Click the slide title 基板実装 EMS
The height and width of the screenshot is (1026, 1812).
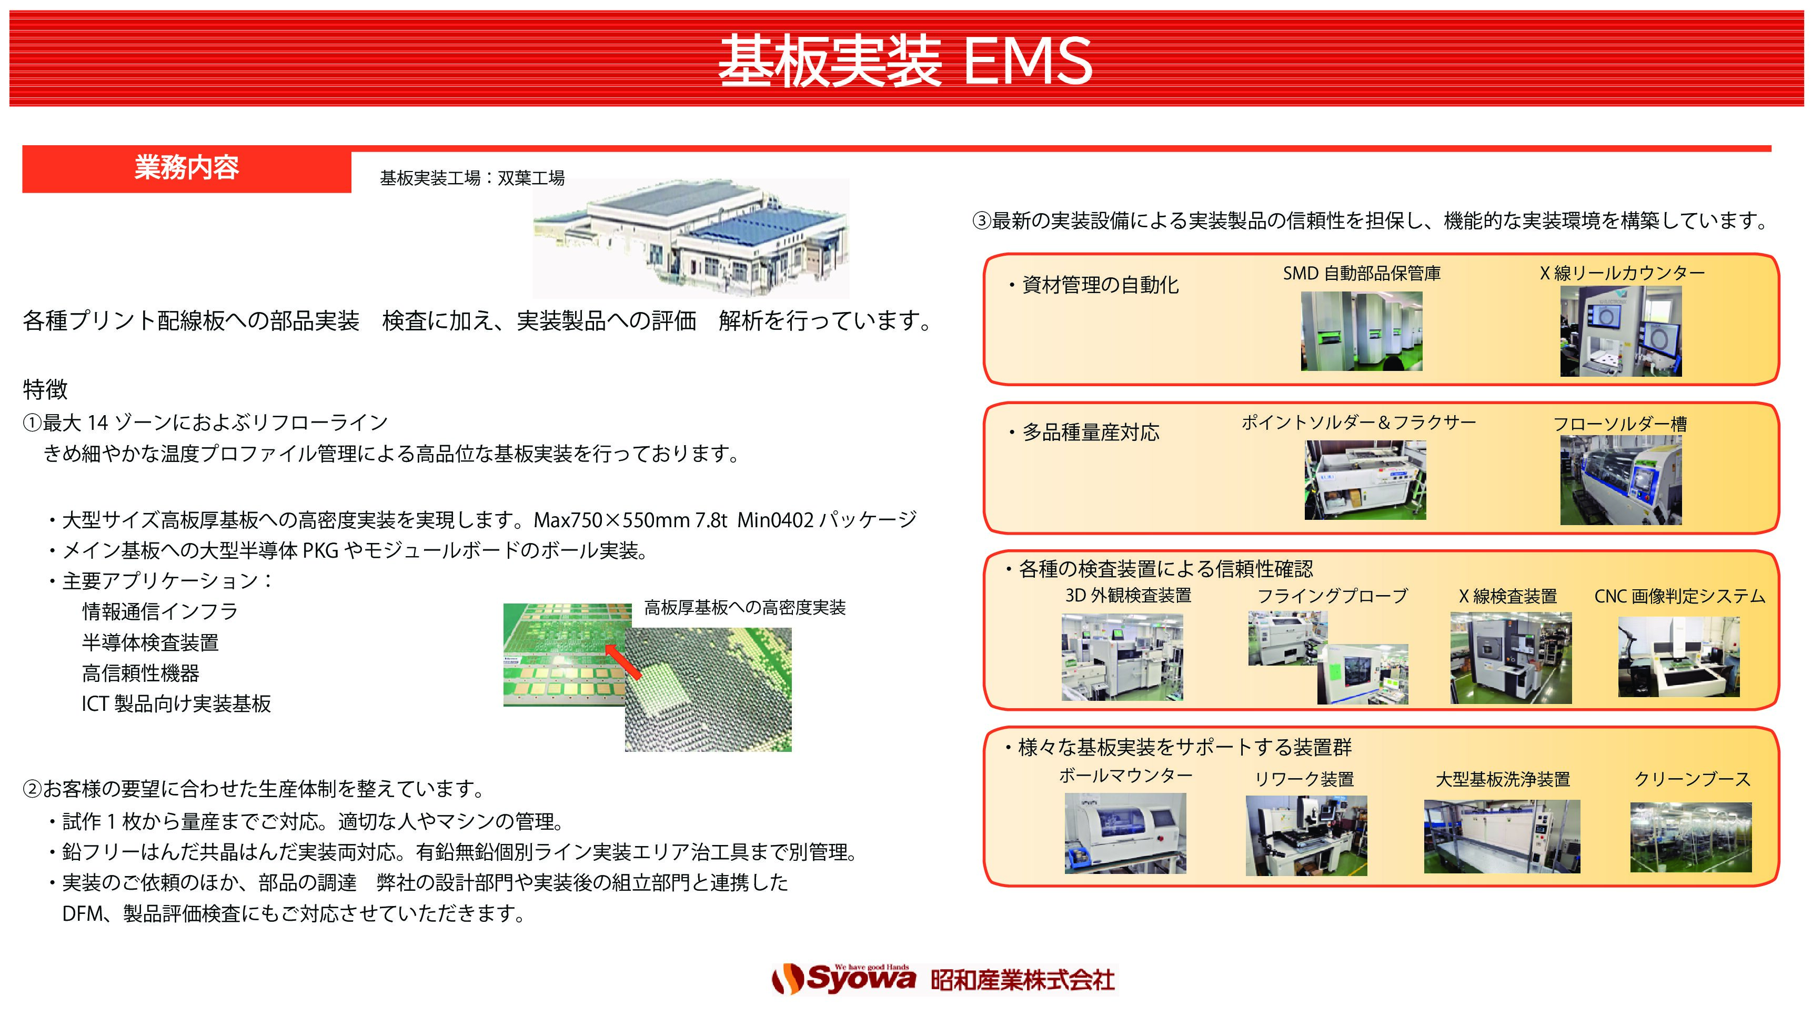(905, 62)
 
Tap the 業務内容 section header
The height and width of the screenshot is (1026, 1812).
(187, 168)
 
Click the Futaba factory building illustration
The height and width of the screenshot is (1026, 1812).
(690, 238)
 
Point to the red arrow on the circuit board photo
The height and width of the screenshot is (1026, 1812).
(623, 663)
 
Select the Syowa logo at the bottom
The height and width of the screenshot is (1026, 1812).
(844, 979)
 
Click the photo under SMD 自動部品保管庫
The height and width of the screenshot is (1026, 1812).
(1361, 331)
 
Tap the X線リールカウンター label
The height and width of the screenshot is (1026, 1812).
(1622, 274)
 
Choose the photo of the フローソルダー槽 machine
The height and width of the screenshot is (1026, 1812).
(1620, 480)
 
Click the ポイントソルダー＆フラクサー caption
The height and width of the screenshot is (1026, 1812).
(1358, 423)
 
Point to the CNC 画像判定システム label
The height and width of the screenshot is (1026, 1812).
(1679, 597)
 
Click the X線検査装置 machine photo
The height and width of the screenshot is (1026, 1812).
(1511, 658)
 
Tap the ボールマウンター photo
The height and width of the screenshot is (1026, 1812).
(1125, 833)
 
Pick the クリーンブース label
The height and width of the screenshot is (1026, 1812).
(1692, 779)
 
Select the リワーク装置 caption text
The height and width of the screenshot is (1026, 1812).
(1305, 779)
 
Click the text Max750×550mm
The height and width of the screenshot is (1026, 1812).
(611, 520)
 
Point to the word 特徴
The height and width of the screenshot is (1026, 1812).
(45, 389)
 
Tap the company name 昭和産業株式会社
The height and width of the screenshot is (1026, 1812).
(1023, 980)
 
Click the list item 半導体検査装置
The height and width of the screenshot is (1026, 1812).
(150, 642)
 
